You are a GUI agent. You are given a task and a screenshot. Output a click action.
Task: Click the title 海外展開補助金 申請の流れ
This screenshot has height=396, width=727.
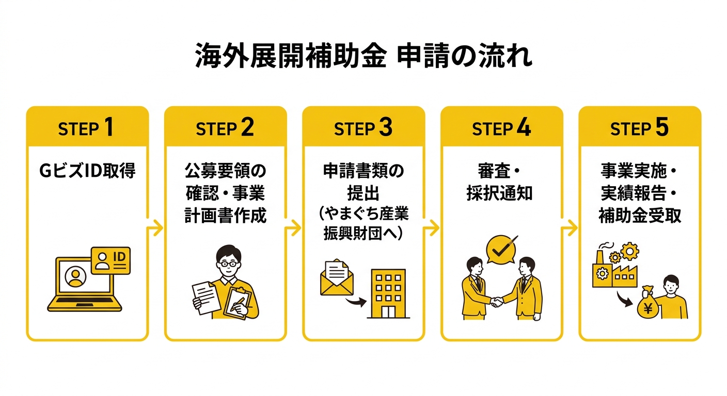click(363, 55)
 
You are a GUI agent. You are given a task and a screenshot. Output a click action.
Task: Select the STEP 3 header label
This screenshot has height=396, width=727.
click(363, 127)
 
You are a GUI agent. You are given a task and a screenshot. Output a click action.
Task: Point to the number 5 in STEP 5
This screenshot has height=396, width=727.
click(662, 127)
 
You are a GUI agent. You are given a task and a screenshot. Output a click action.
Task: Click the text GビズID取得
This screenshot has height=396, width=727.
click(87, 171)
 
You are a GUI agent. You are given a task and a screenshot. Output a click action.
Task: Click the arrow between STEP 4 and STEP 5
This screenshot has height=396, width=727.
click(570, 228)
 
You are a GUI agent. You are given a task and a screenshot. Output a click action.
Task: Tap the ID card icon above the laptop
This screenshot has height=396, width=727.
click(110, 260)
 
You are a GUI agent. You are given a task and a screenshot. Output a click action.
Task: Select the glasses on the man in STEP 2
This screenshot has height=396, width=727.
click(229, 263)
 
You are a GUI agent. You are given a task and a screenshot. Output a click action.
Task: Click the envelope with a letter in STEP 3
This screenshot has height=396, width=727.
click(337, 277)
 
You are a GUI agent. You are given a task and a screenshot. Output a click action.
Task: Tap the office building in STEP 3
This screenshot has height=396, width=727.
click(388, 293)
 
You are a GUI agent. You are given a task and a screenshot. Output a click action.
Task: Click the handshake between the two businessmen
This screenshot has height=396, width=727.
click(497, 302)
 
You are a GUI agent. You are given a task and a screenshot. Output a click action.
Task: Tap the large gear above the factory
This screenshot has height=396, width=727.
click(630, 251)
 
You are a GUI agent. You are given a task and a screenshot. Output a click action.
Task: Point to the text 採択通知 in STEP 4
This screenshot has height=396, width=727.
click(499, 193)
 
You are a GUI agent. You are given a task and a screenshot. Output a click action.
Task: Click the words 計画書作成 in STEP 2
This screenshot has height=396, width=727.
click(226, 216)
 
